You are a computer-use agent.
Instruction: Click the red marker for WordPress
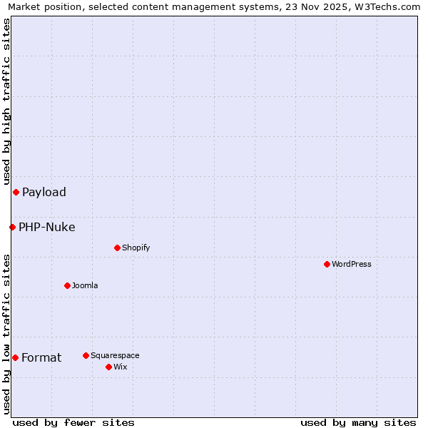327,264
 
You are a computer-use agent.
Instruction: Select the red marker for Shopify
117,248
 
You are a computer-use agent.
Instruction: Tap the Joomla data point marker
67,285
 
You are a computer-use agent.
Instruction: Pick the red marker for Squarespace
86,355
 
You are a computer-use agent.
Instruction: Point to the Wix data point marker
108,367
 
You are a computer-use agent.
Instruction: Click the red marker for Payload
16,192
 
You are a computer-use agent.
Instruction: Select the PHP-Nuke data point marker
12,227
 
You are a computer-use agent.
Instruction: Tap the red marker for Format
15,357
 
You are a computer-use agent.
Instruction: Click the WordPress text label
352,264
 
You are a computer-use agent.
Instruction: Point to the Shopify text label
136,248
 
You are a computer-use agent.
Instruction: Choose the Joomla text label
85,285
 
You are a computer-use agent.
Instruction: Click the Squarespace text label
115,355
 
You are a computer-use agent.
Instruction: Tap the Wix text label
121,367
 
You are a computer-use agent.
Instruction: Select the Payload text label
44,192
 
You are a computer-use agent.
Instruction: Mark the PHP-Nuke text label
47,228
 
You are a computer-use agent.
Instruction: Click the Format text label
41,357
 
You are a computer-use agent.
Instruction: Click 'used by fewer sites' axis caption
73,422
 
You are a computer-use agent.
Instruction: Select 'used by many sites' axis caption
358,422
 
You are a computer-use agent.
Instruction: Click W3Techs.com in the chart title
383,7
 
